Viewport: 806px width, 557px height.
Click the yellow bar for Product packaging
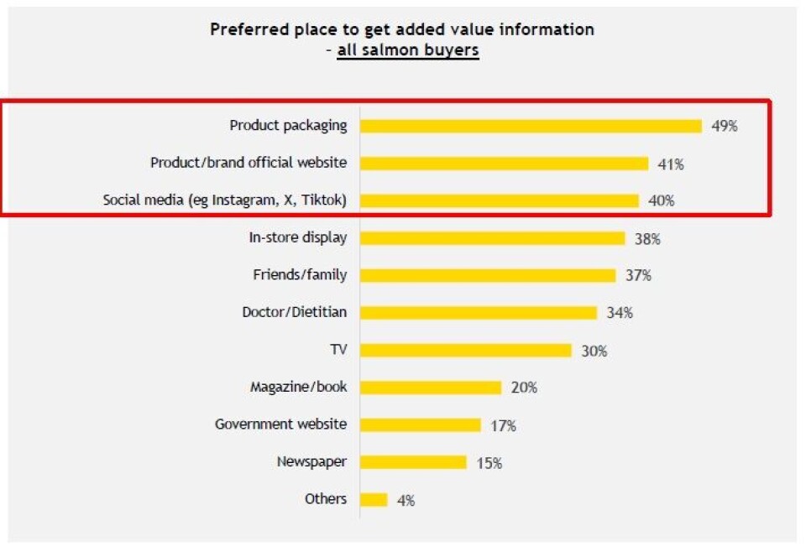(x=531, y=126)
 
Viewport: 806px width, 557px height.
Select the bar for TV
(x=466, y=350)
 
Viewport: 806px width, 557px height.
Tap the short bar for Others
(x=374, y=500)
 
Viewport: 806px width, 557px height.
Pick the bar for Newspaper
(x=413, y=462)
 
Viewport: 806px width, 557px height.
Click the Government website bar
(x=420, y=424)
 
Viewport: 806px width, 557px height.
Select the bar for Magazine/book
(x=431, y=388)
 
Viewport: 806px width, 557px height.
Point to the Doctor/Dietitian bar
(x=479, y=313)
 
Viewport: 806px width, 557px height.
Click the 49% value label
(x=724, y=127)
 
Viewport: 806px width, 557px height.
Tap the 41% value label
(x=671, y=164)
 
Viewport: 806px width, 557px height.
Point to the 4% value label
(x=406, y=501)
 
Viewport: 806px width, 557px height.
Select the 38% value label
(x=647, y=239)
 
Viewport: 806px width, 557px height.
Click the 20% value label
(x=524, y=388)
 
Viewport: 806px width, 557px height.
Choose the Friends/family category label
(x=300, y=274)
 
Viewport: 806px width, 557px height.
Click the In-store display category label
(x=298, y=237)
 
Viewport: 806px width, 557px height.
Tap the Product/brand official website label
(x=249, y=163)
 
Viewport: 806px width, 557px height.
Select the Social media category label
(x=225, y=200)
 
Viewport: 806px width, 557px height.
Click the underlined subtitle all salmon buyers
(x=408, y=50)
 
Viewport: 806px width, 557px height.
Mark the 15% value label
(x=489, y=463)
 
